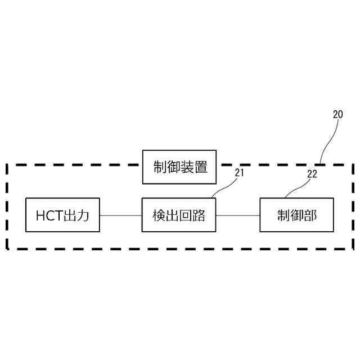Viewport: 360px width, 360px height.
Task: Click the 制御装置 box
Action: point(180,167)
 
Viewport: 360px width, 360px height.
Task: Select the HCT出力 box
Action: point(62,215)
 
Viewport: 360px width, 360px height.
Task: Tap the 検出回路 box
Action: point(179,215)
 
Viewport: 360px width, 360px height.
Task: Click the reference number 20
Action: point(337,114)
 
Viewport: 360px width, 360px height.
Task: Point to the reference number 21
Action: point(240,173)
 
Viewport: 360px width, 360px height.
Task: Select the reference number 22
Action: point(312,174)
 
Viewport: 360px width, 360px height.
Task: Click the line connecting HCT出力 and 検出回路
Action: point(120,215)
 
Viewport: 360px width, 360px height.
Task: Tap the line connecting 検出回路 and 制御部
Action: point(238,215)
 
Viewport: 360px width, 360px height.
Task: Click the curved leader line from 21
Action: point(225,186)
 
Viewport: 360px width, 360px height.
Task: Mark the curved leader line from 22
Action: point(298,186)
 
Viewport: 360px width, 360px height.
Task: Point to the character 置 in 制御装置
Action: point(201,167)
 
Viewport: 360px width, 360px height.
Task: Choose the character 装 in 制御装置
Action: point(187,167)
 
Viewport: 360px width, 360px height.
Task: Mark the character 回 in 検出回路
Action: point(186,215)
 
